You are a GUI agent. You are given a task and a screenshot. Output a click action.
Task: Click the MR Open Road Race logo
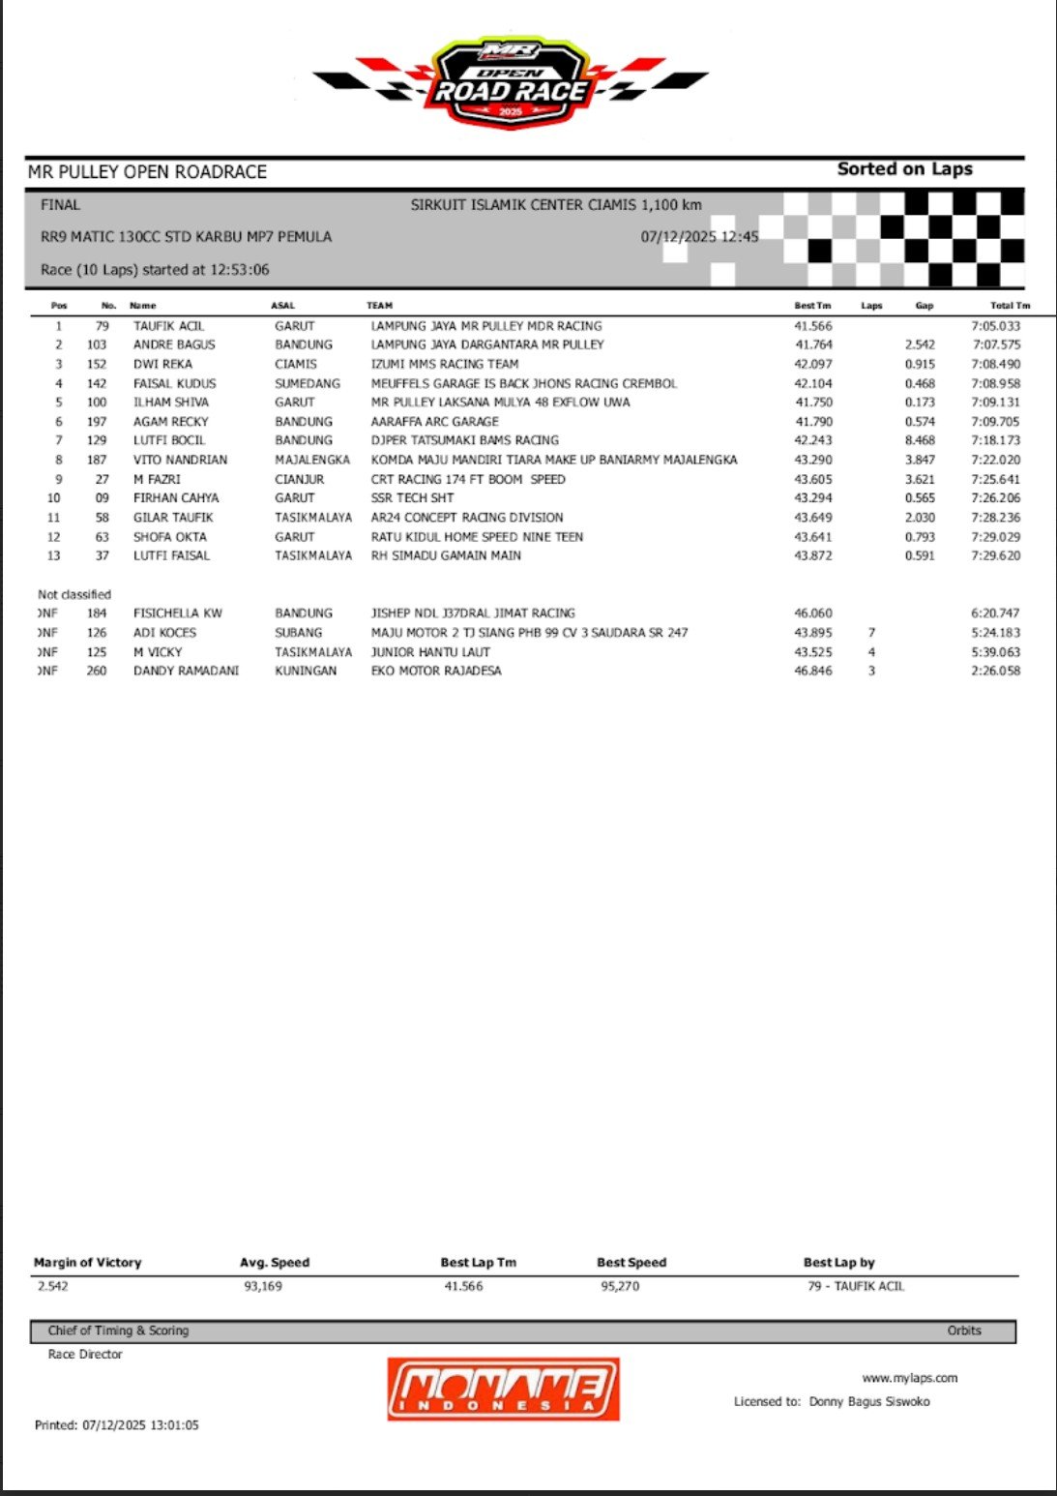510,82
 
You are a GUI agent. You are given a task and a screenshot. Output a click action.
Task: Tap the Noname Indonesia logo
503,1389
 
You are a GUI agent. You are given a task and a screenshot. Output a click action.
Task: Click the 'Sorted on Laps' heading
904,169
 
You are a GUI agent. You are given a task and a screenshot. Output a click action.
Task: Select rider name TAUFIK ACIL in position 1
168,326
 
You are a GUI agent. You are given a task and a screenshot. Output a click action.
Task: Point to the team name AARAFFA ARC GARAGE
434,422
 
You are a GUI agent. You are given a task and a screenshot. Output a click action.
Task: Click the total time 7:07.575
995,344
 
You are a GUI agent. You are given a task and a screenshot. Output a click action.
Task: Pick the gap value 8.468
920,440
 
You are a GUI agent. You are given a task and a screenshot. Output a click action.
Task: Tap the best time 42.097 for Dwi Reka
812,364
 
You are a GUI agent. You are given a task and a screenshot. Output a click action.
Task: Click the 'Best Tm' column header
812,306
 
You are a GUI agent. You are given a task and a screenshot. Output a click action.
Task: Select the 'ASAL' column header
282,306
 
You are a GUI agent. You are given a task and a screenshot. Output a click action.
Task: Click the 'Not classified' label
74,594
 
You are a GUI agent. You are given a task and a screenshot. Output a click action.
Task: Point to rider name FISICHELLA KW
178,613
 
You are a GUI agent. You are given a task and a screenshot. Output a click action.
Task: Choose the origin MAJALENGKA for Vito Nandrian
312,460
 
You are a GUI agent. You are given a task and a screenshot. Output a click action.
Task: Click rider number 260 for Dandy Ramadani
97,671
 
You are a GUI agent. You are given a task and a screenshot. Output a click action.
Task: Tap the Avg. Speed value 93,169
263,1286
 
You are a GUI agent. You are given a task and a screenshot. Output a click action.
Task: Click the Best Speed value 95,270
620,1286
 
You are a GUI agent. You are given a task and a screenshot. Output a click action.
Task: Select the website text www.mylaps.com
909,1378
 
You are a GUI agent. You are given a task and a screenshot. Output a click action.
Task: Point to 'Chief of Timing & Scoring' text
118,1331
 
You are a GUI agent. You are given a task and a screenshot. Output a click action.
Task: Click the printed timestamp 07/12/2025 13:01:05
117,1425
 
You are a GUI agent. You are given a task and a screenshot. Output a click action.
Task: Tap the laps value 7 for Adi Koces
871,633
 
